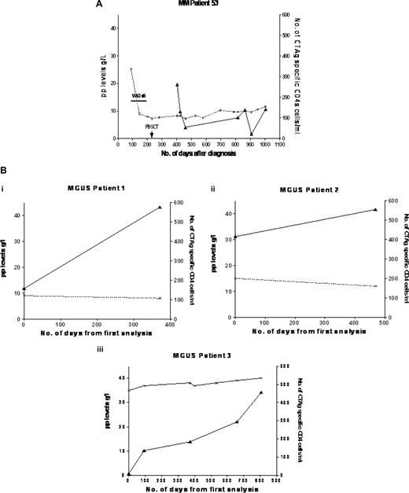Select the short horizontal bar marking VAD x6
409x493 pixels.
139,101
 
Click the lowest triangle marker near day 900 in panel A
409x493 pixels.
252,134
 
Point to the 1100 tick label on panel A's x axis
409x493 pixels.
282,145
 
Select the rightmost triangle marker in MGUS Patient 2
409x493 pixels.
375,209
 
